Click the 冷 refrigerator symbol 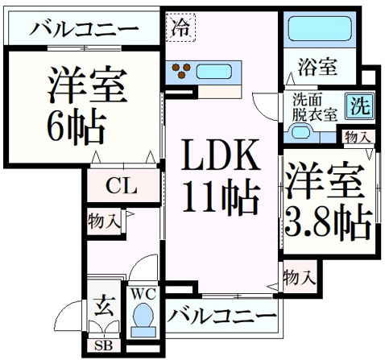click(180, 28)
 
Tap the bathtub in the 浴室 click(320, 29)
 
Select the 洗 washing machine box click(360, 106)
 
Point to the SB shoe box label click(103, 346)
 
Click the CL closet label click(122, 186)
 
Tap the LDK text click(221, 155)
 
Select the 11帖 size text click(221, 198)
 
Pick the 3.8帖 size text click(328, 222)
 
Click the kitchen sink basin click(214, 72)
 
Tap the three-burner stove click(181, 71)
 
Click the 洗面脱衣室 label click(315, 108)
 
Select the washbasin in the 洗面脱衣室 click(300, 131)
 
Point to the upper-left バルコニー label click(84, 30)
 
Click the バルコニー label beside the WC click(221, 316)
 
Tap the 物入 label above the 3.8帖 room click(358, 137)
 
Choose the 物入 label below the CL click(104, 221)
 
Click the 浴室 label click(317, 67)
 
